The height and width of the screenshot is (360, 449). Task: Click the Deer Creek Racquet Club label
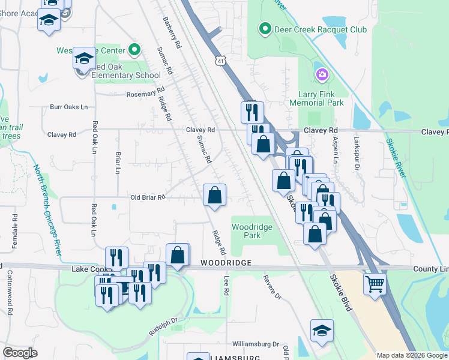[307, 29]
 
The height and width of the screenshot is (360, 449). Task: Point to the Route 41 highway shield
[221, 61]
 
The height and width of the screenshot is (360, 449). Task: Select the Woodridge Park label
[252, 231]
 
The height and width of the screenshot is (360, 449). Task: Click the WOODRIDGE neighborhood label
[225, 263]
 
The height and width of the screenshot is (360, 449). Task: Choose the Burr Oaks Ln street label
[68, 107]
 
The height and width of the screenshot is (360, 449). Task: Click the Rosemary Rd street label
[145, 94]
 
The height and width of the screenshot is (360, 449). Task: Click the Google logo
[20, 352]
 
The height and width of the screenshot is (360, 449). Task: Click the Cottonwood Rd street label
[10, 289]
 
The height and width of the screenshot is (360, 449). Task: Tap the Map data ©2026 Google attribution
[411, 355]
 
